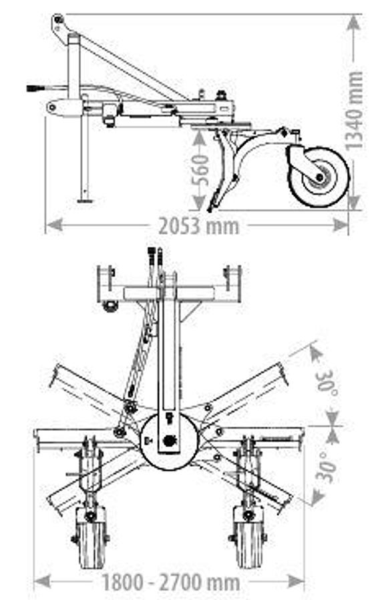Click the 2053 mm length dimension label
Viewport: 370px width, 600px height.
point(198,225)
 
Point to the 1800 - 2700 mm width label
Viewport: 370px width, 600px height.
point(170,582)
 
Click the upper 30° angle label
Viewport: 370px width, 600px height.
point(327,381)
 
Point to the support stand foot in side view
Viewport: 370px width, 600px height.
point(85,199)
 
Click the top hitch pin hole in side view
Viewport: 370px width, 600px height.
point(59,21)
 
